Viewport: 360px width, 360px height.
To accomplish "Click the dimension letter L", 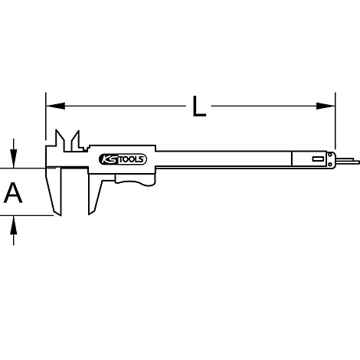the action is coord(199,106).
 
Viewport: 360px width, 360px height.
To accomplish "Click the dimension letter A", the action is coord(13,192).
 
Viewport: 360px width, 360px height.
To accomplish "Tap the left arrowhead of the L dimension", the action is coord(55,106).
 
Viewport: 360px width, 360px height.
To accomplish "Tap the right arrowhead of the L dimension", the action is coord(326,106).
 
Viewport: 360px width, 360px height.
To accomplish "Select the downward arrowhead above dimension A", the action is coord(14,159).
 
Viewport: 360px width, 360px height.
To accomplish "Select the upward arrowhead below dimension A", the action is coord(14,224).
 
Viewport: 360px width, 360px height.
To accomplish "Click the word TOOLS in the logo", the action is coord(131,159).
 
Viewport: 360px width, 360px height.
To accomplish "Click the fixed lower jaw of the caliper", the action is coord(54,191).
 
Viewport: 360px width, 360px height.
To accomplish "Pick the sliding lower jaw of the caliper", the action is coord(94,194).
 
